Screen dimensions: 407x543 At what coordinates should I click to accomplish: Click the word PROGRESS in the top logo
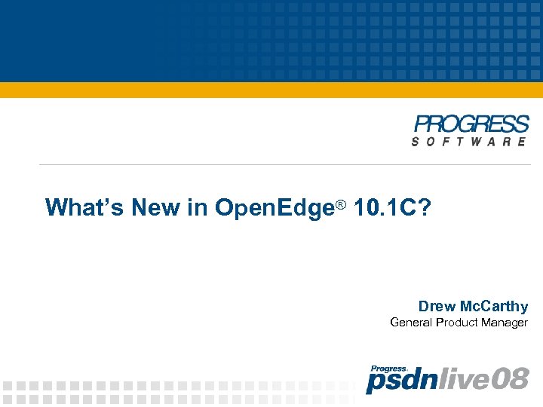coord(471,125)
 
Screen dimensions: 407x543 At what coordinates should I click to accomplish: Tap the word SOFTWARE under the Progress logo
coord(469,142)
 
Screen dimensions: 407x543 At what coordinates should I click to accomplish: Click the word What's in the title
coord(84,207)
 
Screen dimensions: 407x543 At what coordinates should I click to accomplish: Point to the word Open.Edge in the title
coord(275,207)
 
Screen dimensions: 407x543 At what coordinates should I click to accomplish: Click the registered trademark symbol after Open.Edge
coord(340,204)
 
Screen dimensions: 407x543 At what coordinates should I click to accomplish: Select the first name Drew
coord(437,306)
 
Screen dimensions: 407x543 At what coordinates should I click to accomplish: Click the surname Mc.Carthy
coord(494,306)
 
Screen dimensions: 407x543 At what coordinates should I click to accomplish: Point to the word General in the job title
coord(412,323)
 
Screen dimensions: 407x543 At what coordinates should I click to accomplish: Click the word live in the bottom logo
coord(453,379)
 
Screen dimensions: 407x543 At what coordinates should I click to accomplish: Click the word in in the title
coord(198,207)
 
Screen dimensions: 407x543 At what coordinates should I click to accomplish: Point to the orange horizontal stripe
coord(271,90)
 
